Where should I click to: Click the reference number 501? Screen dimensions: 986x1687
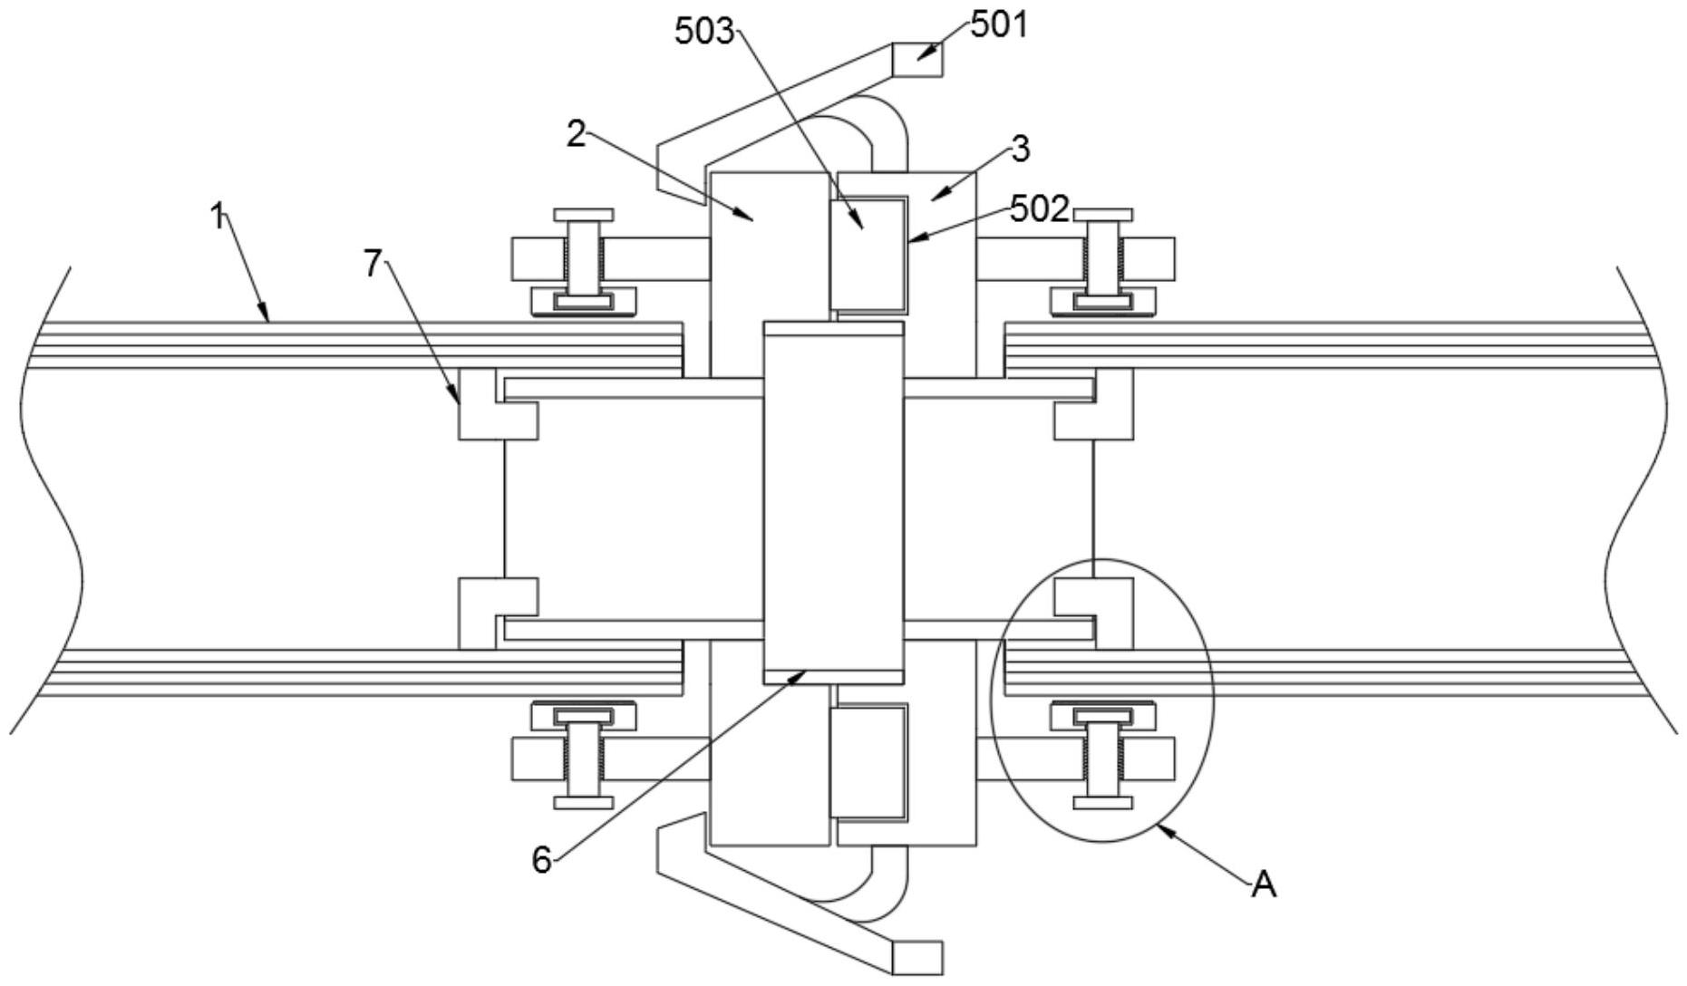[x=999, y=24]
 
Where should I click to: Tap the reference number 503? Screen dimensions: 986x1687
[x=703, y=31]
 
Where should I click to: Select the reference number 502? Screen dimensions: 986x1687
[x=1039, y=209]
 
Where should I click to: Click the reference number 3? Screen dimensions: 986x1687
[x=1021, y=149]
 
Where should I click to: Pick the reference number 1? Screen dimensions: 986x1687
[x=218, y=217]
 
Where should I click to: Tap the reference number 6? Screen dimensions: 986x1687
[x=541, y=859]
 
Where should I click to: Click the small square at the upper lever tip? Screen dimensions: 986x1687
[x=917, y=60]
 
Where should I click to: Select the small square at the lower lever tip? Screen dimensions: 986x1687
[x=917, y=957]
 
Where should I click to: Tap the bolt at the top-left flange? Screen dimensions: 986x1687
[x=585, y=257]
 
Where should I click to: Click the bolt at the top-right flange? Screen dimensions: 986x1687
[x=1102, y=257]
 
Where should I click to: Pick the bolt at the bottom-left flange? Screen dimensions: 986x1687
[x=585, y=758]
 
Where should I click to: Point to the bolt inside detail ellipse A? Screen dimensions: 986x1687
[x=1102, y=758]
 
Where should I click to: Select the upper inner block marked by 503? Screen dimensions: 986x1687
[x=867, y=253]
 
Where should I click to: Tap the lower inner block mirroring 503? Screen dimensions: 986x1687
[x=868, y=761]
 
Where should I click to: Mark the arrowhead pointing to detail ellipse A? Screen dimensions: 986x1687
[x=1167, y=830]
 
